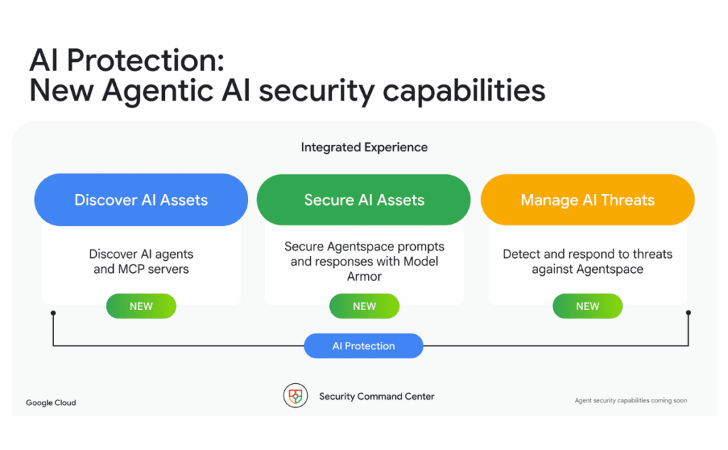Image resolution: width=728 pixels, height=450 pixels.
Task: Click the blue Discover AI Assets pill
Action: coord(141,200)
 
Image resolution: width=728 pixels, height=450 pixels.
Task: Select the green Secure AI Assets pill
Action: coord(364,200)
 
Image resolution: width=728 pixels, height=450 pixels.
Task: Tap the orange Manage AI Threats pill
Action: coord(587,200)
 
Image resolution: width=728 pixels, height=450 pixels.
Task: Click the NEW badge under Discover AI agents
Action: coord(141,306)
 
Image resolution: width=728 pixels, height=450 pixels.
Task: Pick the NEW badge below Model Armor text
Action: coord(364,306)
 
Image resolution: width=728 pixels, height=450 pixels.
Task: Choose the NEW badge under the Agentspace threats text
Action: coord(587,306)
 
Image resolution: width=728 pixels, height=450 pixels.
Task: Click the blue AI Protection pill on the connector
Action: coord(363,346)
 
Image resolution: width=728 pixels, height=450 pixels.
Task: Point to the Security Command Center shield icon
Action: coord(295,396)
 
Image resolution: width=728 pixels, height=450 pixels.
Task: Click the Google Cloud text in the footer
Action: coord(51,403)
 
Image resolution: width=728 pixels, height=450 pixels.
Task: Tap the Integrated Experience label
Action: coord(364,148)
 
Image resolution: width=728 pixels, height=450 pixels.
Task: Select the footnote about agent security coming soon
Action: coord(631,401)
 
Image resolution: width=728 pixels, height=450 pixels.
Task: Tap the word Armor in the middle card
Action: coord(365,277)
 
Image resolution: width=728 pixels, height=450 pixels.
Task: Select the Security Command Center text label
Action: coord(377,396)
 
